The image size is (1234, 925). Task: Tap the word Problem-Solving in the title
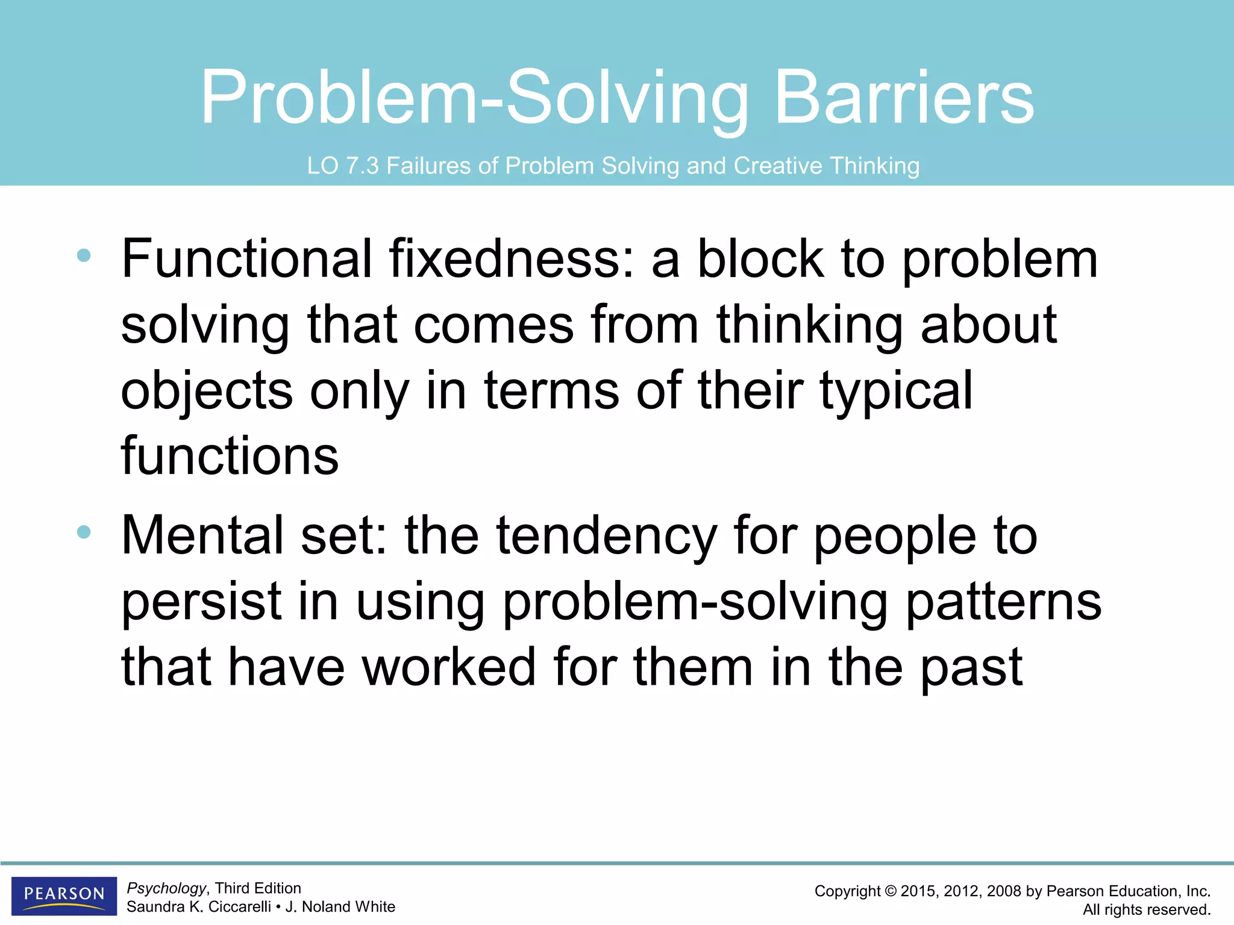[x=474, y=98]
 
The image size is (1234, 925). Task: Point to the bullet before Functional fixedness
[x=84, y=256]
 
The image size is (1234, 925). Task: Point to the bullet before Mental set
[x=84, y=532]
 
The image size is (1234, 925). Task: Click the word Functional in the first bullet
[x=246, y=259]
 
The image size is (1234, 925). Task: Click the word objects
[x=207, y=391]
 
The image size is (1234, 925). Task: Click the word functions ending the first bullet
[x=230, y=456]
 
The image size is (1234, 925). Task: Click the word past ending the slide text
[x=971, y=667]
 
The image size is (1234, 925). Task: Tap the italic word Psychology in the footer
[x=166, y=888]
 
